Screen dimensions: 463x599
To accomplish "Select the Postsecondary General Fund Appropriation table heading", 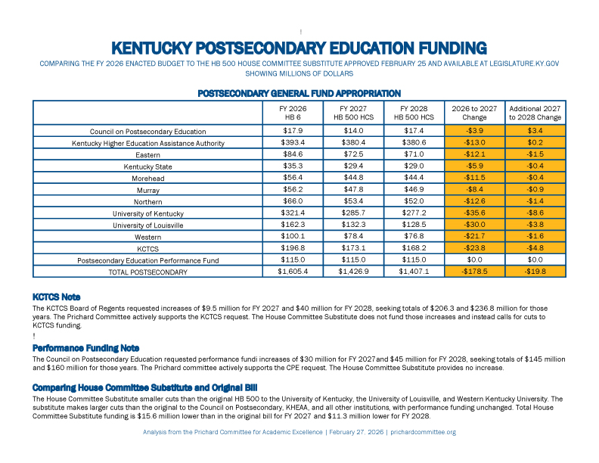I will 299,93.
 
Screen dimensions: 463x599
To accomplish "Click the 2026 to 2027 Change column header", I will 474,113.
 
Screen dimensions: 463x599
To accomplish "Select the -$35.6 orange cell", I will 474,214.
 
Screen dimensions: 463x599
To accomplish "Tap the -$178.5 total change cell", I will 474,271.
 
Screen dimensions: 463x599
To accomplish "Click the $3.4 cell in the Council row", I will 535,131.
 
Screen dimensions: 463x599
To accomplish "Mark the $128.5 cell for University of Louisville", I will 414,225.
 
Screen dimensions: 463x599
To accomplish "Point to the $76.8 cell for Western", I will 414,237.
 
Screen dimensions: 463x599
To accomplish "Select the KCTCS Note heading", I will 57,297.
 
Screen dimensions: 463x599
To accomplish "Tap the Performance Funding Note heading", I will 85,348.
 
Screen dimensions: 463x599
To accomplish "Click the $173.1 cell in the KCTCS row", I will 353,248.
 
